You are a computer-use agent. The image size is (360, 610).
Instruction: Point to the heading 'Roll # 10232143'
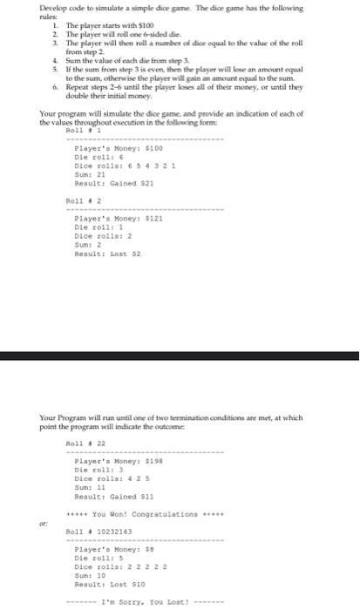[94, 505]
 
